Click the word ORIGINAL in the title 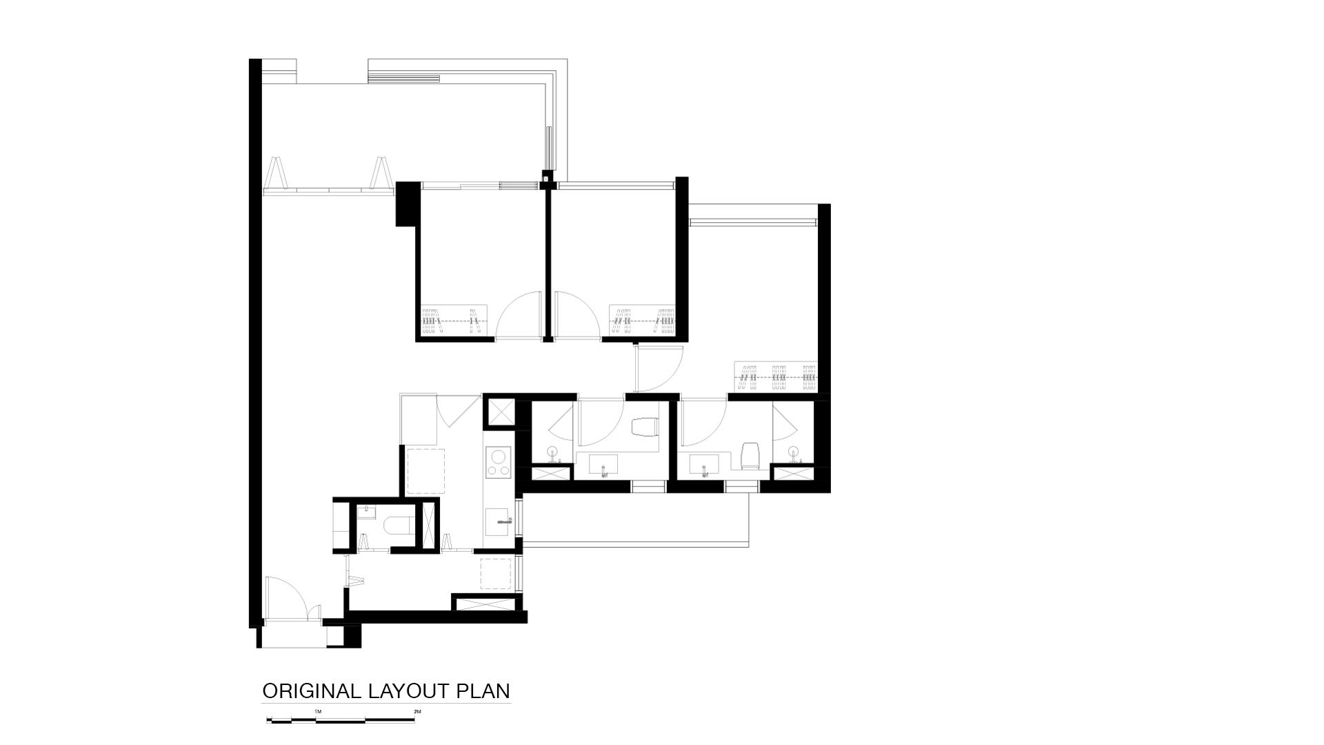pos(312,691)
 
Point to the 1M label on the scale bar pos(317,711)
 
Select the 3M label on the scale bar pos(417,711)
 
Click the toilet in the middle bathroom pos(645,427)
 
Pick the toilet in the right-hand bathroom pos(750,456)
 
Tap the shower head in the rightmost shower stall pos(794,453)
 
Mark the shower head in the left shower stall pos(552,453)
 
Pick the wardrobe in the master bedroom pos(776,377)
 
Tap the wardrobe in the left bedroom pos(454,320)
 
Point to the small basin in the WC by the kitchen pos(367,512)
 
